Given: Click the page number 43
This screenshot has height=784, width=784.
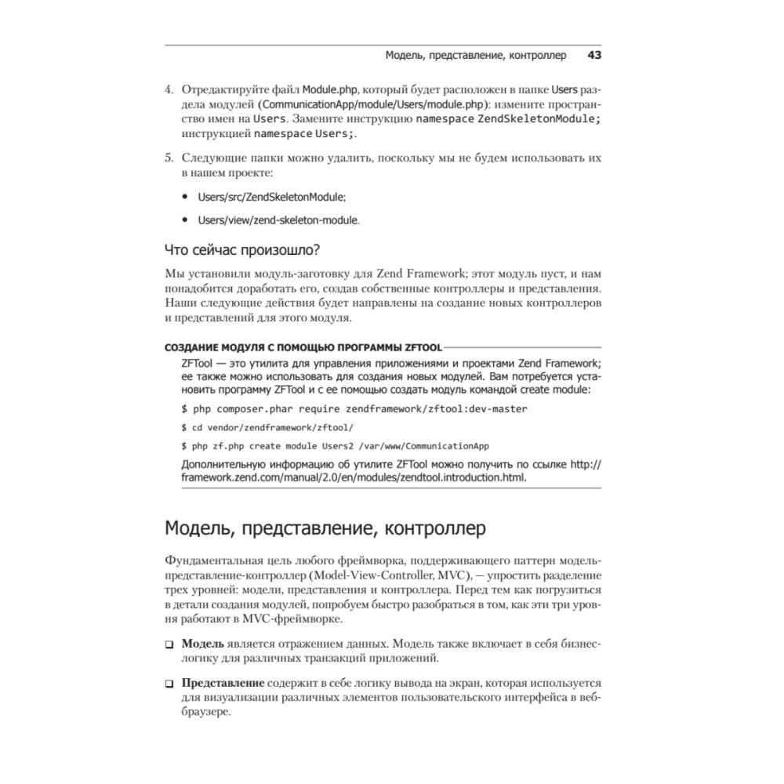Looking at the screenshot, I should [x=593, y=56].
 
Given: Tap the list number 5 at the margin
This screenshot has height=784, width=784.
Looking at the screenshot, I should [x=169, y=158].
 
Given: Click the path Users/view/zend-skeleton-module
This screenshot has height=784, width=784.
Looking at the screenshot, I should [x=278, y=220].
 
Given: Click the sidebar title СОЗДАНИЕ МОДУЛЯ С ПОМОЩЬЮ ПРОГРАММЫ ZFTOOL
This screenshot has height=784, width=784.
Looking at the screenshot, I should [x=303, y=347].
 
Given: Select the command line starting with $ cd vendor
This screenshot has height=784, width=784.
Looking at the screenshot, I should [x=267, y=427].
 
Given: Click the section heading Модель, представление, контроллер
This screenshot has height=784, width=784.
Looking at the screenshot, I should [x=325, y=528].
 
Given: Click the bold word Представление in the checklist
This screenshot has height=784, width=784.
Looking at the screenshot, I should [x=223, y=683].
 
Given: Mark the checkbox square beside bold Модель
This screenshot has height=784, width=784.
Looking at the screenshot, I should [x=169, y=644].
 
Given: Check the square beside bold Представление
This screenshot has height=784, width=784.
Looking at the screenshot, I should [x=169, y=684].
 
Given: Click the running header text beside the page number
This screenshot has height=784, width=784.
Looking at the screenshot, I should [x=476, y=56].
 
